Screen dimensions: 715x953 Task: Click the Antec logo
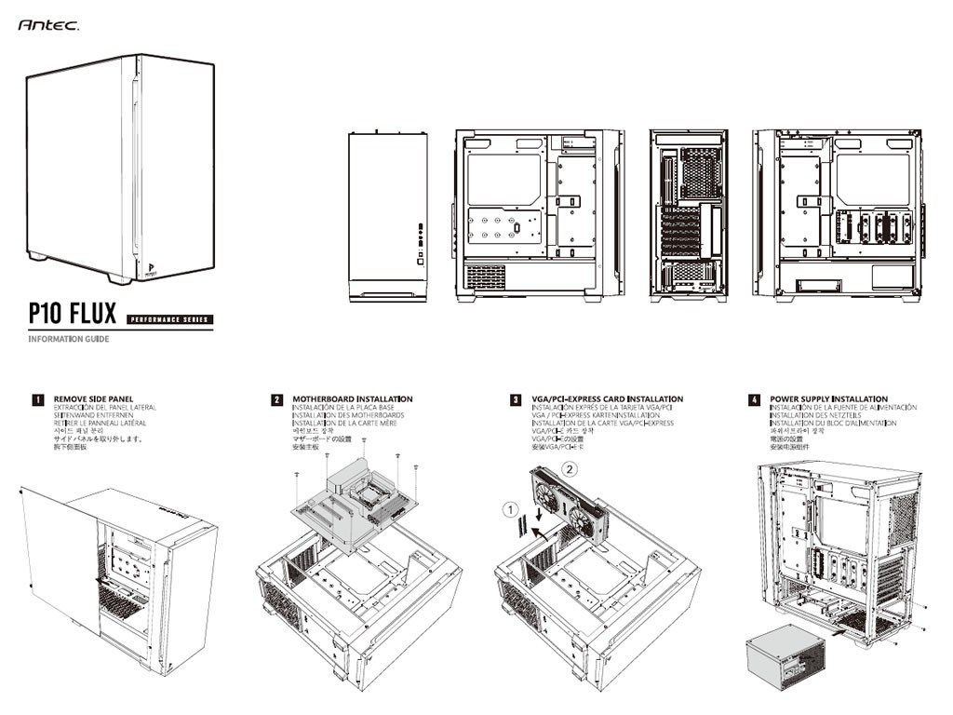47,26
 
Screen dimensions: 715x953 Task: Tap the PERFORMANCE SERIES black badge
168,319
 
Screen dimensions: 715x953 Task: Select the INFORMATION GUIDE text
68,339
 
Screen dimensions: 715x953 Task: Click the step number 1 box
38,399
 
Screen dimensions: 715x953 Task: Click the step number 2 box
277,399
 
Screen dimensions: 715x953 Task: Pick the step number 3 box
516,399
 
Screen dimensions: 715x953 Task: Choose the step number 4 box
754,399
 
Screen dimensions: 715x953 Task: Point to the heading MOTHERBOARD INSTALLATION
352,398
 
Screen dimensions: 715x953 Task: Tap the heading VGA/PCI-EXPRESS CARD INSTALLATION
607,398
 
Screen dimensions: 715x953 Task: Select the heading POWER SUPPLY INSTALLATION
828,398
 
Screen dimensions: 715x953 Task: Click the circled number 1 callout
509,509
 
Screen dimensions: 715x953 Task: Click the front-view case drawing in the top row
387,216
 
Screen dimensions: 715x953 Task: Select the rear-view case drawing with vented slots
689,216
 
